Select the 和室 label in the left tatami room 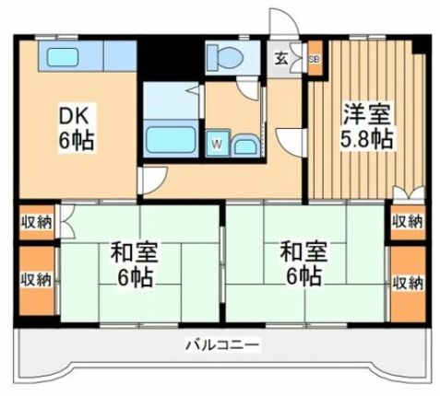pos(137,250)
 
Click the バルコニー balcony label pos(221,345)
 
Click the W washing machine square pos(217,143)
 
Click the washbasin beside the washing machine pos(244,145)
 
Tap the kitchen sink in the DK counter pos(63,58)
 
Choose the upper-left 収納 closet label pos(36,222)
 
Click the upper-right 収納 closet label pos(406,222)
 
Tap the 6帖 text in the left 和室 pos(137,275)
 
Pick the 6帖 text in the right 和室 pos(303,275)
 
